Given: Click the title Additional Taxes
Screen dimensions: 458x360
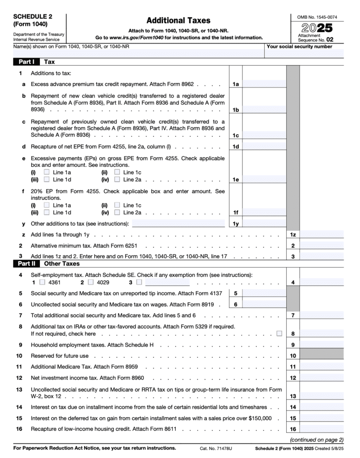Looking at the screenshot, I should tap(178, 21).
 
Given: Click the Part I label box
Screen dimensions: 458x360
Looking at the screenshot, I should tap(27, 62).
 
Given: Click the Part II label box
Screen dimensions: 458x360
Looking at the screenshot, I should tap(27, 264).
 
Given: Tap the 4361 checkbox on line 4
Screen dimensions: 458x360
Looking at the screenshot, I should tap(42, 282).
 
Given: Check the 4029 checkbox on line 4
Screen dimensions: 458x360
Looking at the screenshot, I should tap(91, 282).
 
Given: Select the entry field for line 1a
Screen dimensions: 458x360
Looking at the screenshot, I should tap(264, 84).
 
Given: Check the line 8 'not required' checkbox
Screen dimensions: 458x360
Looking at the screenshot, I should tap(279, 333).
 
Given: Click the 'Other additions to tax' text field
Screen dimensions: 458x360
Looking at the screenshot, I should tap(178, 223).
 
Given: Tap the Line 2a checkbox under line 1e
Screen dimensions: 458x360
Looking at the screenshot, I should tap(117, 180).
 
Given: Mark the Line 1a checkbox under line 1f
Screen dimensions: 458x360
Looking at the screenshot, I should tap(47, 205).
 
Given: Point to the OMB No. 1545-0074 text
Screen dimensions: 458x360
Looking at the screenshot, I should tap(317, 17).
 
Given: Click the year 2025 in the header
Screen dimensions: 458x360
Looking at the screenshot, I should tap(317, 27).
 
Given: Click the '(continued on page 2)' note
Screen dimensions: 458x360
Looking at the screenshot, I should tap(317, 439).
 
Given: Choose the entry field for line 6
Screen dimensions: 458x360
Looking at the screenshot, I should tap(264, 304).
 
